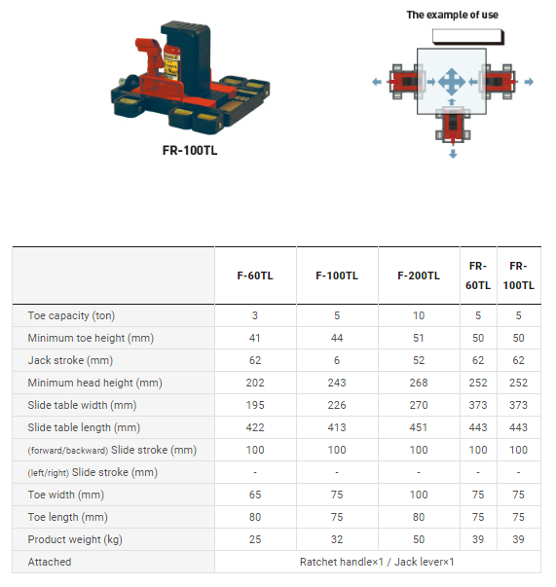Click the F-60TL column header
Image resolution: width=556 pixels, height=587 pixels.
point(254,275)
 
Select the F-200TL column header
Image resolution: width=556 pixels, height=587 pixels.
point(418,275)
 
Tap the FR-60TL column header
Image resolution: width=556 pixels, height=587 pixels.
point(478,275)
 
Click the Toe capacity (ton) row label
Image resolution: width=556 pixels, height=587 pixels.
point(71,315)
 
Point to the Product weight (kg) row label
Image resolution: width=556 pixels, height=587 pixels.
point(75,539)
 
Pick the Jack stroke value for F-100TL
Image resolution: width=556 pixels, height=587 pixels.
point(337,360)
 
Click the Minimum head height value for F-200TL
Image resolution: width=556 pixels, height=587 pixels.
point(418,383)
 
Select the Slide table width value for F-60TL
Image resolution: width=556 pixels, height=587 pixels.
point(254,405)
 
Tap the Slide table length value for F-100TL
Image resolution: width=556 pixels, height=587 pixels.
point(337,427)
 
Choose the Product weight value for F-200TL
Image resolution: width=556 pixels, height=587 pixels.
point(418,539)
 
